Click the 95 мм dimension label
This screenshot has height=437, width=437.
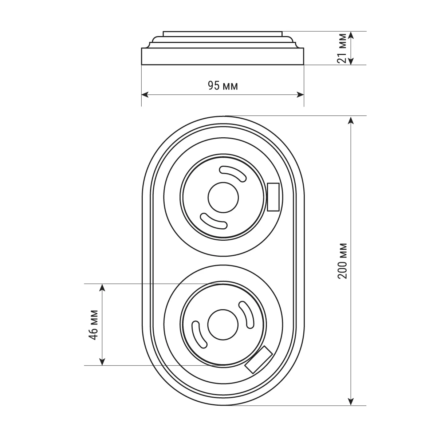point(223,86)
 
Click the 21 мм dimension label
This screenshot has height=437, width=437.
point(342,48)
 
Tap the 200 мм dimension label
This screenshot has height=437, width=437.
point(342,261)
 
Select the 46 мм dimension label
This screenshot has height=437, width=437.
point(93,325)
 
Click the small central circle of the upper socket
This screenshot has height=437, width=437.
point(223,197)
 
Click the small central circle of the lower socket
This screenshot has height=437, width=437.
point(223,324)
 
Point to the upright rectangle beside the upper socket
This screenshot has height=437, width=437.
point(273,197)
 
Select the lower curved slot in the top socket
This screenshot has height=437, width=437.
point(213,221)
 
